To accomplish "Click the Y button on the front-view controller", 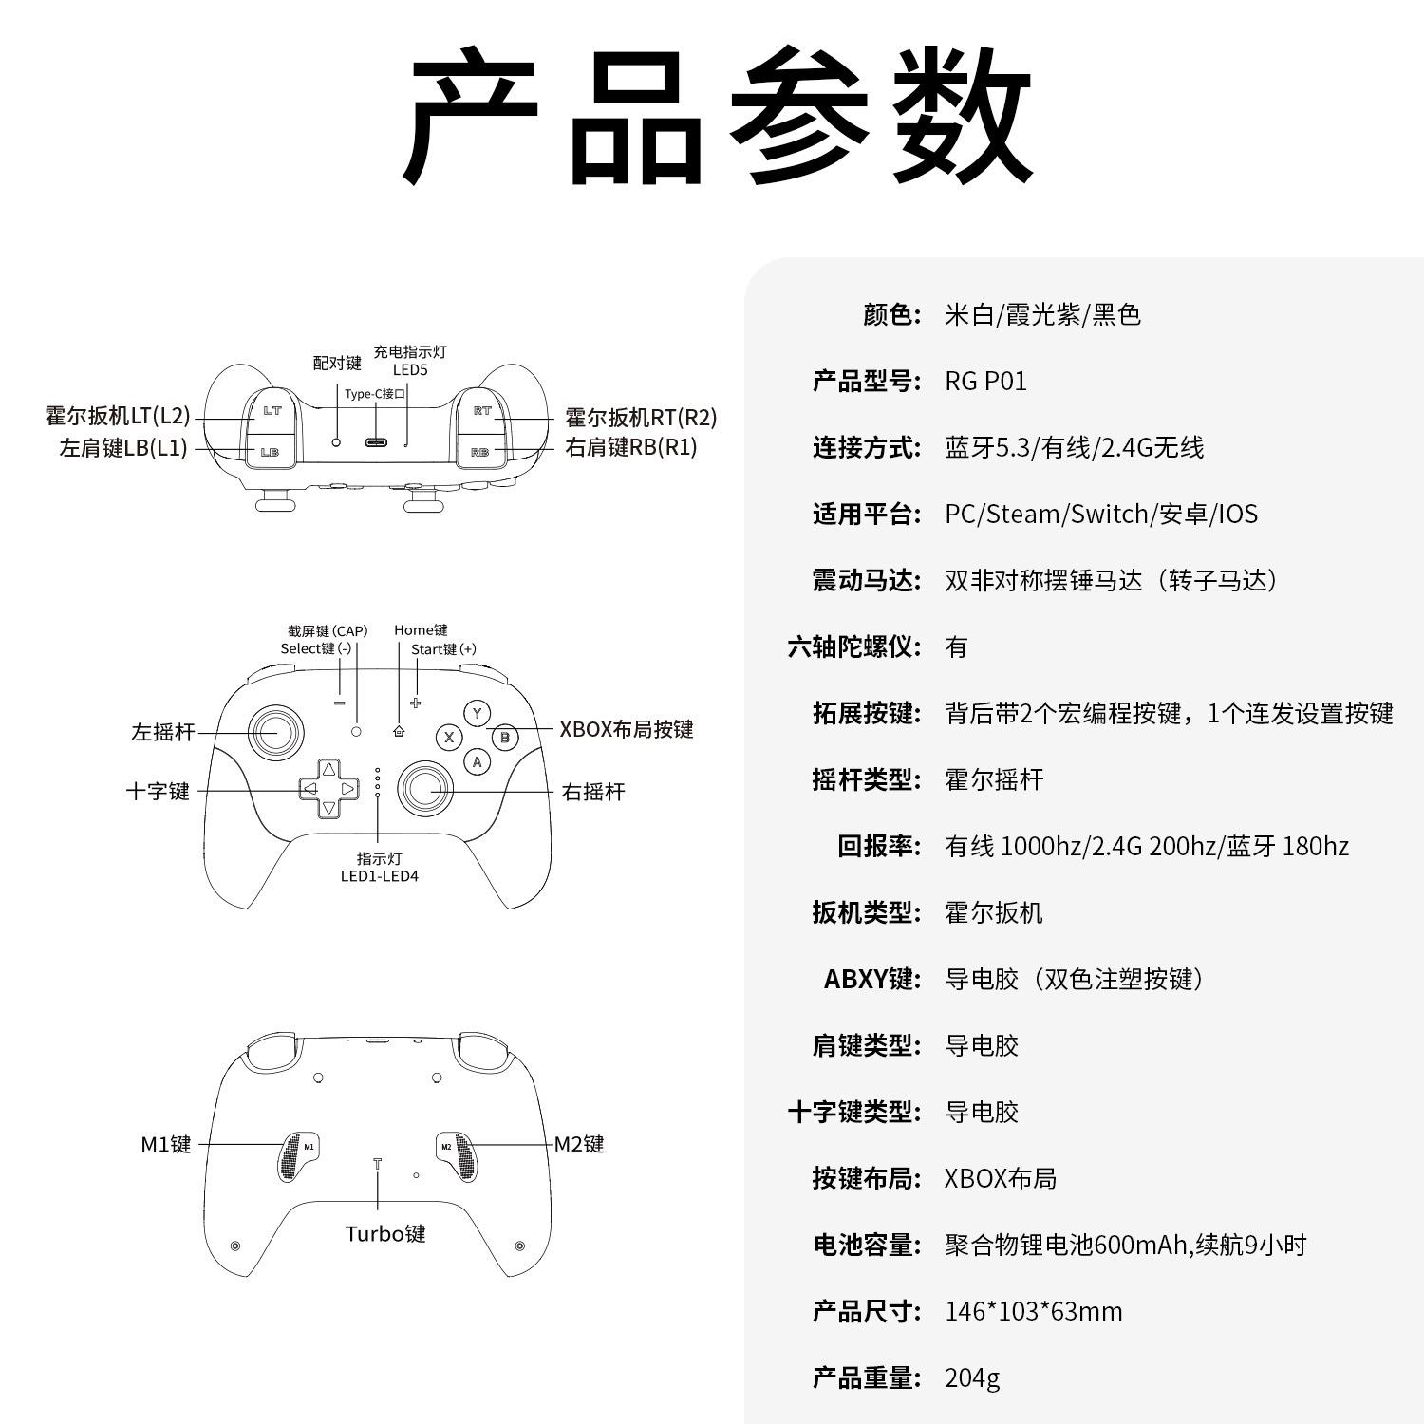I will (x=477, y=713).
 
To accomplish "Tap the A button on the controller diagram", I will (x=477, y=760).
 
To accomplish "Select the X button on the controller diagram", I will (x=449, y=737).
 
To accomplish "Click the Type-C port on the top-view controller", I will (x=377, y=442).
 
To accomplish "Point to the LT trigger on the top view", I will (x=272, y=411).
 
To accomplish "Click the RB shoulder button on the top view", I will (x=480, y=452).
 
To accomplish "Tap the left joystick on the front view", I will (x=276, y=732).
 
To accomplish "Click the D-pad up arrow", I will (x=328, y=769).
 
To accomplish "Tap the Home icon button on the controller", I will (x=398, y=731).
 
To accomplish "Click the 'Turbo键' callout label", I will (x=385, y=1233).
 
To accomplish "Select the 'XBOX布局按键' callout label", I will (x=627, y=729).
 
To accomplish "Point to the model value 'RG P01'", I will (x=985, y=382).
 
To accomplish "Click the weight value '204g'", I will (x=972, y=1377).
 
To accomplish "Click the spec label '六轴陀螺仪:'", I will (x=854, y=647).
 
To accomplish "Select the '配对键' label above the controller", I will (x=337, y=363).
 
